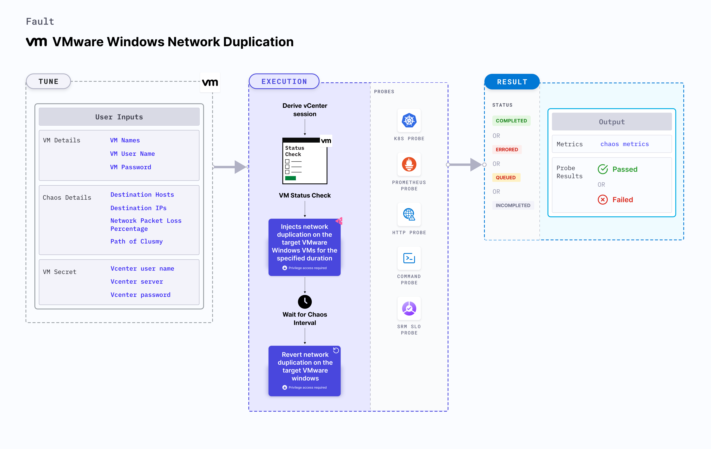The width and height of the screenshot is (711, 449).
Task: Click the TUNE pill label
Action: pos(48,81)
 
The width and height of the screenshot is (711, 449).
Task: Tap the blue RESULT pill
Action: pos(512,82)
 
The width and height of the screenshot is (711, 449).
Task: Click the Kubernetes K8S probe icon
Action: pos(409,120)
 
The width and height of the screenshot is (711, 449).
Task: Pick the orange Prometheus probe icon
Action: pos(409,164)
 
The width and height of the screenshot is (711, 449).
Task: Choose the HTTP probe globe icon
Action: pos(409,214)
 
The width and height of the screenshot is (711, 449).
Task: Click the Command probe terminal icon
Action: pos(409,258)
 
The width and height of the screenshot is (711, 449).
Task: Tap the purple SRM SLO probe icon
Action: pos(409,308)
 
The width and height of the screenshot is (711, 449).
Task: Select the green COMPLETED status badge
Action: pos(511,121)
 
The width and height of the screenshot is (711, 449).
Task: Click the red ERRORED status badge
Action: pos(507,149)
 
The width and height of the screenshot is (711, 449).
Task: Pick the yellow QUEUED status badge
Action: pos(506,178)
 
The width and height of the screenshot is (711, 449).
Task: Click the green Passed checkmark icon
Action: pos(603,169)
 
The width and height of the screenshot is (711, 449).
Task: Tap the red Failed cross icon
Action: pos(603,200)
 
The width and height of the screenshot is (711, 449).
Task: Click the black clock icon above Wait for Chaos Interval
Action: pos(305,302)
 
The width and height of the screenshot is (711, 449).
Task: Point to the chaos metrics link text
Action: pos(624,144)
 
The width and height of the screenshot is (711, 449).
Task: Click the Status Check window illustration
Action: pos(305,161)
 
